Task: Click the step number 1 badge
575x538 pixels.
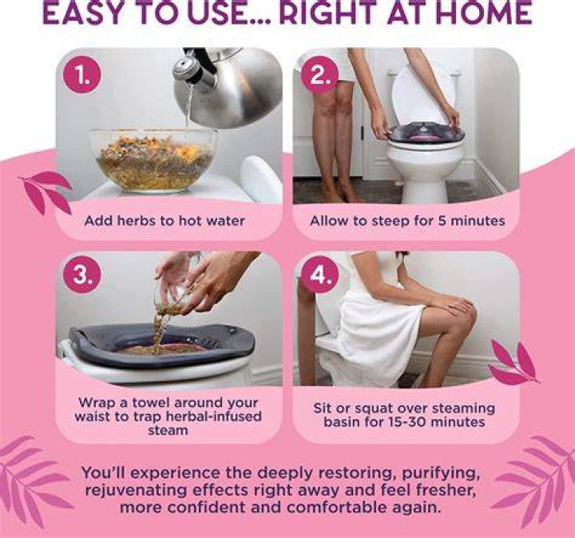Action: [81, 75]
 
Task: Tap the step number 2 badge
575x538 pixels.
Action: [319, 75]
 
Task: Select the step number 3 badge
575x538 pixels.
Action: [81, 274]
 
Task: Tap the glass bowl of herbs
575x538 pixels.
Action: [153, 160]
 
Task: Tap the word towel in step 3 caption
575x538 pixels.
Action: [151, 403]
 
